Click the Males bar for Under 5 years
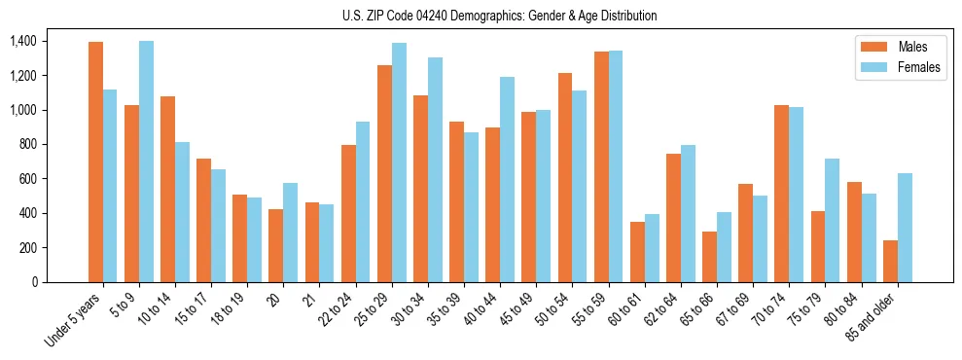[95, 162]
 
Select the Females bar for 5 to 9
[146, 162]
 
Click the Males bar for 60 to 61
[637, 252]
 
